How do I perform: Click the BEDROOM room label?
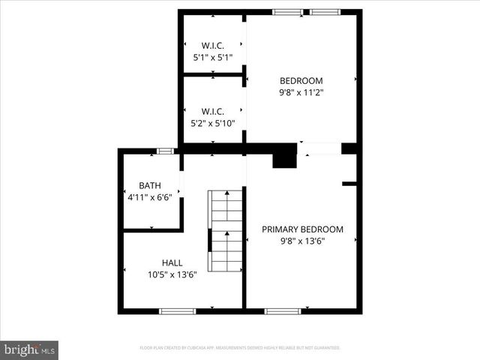pos(301,81)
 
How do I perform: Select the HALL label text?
pos(172,263)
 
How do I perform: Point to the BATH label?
pos(150,185)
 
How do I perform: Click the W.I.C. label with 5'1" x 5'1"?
pos(213,45)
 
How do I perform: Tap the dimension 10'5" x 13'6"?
pos(172,274)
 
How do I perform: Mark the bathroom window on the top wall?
pos(165,151)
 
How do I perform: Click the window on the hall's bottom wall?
pos(178,310)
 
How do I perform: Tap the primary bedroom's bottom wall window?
pos(283,310)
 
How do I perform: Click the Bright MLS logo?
pos(30,349)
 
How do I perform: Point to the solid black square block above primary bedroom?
pos(284,157)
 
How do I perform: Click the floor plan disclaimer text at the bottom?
pos(240,348)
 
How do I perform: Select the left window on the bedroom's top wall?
pos(288,12)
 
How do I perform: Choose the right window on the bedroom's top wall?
pos(325,12)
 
